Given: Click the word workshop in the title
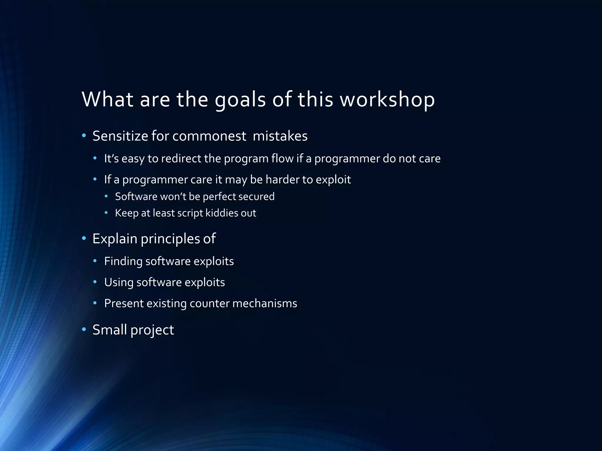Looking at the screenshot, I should (x=387, y=99).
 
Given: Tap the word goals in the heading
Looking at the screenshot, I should (x=240, y=100).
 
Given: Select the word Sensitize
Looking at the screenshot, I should (x=120, y=136).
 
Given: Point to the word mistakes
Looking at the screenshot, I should (x=280, y=136).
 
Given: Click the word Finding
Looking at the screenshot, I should (x=123, y=261).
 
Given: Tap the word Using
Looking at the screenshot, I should (x=119, y=282).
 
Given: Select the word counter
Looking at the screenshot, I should (x=209, y=304).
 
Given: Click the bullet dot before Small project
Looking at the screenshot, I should (x=84, y=330).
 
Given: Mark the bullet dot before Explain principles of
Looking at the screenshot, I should (x=84, y=238).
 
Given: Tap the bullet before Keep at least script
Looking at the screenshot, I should (x=106, y=213).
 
